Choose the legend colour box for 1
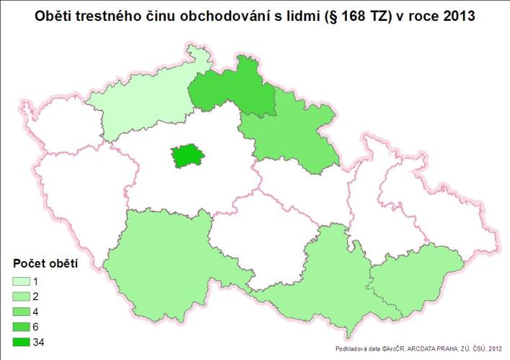pos(22,281)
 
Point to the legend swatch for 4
pos(22,312)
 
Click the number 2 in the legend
pos(36,297)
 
